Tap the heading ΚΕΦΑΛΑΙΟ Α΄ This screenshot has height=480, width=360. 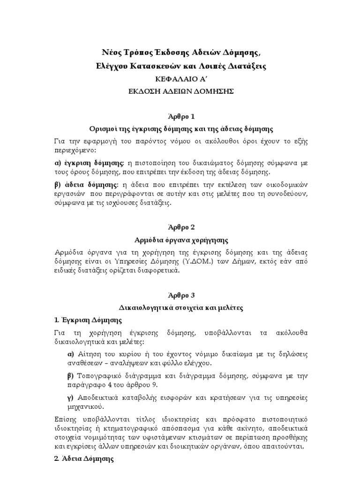(x=180, y=79)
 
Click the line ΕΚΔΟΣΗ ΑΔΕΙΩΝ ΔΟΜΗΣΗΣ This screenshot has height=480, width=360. (x=180, y=91)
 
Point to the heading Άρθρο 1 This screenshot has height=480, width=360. (x=180, y=116)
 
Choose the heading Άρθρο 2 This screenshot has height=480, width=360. (x=180, y=227)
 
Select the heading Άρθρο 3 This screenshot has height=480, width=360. (x=180, y=295)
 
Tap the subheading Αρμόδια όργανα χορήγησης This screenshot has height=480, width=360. (x=180, y=240)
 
